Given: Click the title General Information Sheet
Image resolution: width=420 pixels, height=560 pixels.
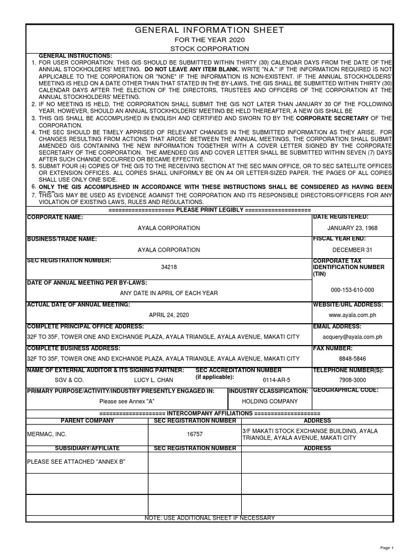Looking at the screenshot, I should tap(209, 30).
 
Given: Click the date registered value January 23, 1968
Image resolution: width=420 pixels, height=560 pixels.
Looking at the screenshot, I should tap(352, 228).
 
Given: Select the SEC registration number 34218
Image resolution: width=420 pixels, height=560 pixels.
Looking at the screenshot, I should tap(169, 267).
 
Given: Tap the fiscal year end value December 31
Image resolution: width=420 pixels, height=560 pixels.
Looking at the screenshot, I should tap(352, 250).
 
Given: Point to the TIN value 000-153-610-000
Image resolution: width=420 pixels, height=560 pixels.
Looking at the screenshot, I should tap(352, 290).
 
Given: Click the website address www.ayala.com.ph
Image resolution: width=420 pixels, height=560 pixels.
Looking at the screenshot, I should tap(352, 315).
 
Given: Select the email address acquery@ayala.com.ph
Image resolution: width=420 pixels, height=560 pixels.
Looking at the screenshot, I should tap(352, 337).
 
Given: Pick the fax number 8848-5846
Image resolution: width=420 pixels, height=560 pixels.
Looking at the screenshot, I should tap(352, 359).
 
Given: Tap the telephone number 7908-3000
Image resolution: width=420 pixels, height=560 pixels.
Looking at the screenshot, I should tap(352, 380).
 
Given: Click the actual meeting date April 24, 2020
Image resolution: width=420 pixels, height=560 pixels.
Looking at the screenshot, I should tap(168, 315).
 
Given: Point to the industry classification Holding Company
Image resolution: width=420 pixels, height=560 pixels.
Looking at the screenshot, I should tap(269, 401).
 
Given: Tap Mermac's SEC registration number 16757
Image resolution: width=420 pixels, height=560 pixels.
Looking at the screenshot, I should tap(195, 434).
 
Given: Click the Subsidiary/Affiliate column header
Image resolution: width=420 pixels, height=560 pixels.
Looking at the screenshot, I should tap(87, 448).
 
